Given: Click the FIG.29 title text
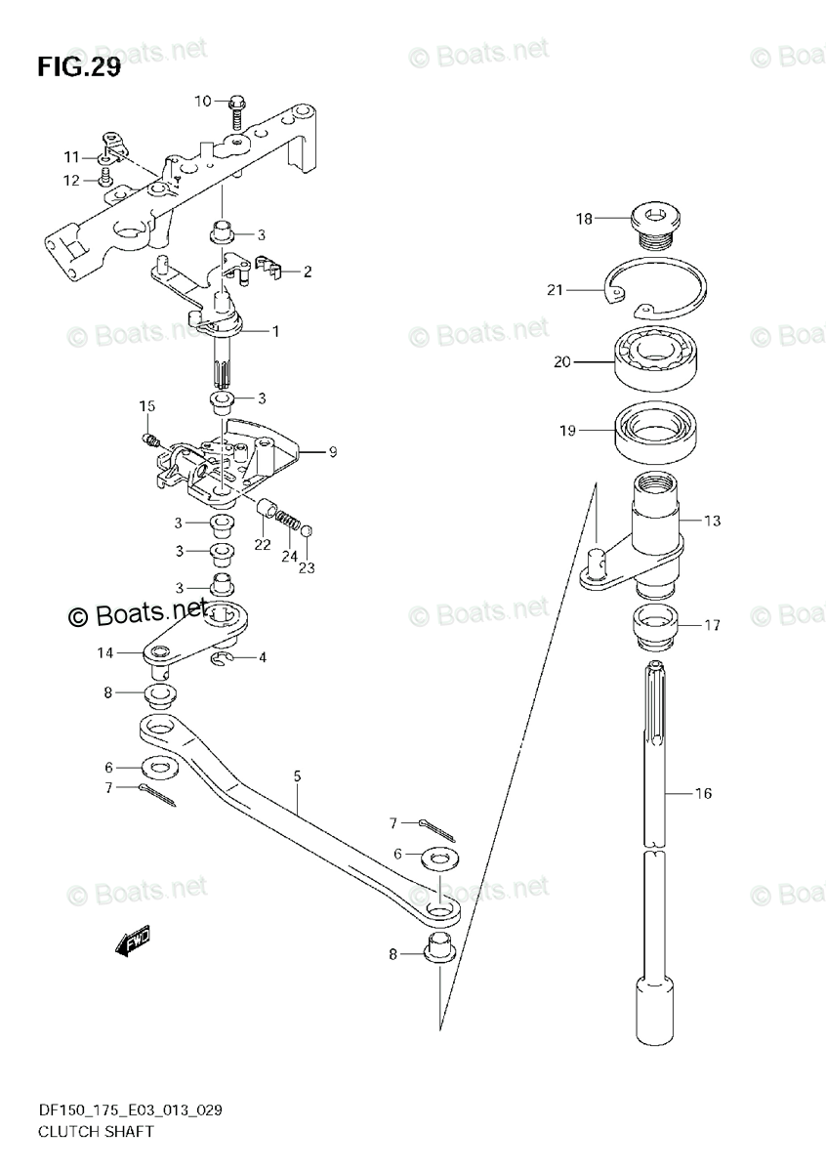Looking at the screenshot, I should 78,68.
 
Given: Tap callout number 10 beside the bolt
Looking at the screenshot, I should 202,101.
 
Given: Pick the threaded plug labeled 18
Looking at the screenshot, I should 655,221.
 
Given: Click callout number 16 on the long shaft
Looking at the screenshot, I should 703,793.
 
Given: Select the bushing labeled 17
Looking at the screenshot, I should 655,625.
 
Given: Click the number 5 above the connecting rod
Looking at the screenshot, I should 297,776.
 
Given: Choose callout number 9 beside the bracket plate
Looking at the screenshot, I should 333,451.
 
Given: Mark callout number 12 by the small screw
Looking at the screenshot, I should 71,179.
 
